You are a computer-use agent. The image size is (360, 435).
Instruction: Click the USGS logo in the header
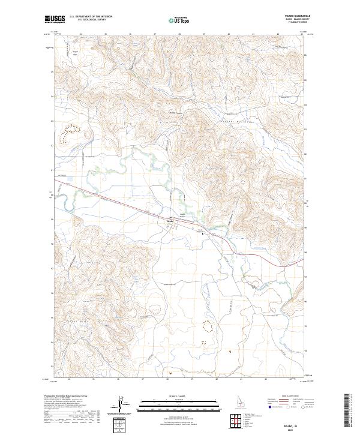(x=55, y=19)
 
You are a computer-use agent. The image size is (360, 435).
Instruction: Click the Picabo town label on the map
(x=170, y=219)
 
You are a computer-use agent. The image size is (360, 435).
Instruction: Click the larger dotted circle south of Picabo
(x=209, y=327)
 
